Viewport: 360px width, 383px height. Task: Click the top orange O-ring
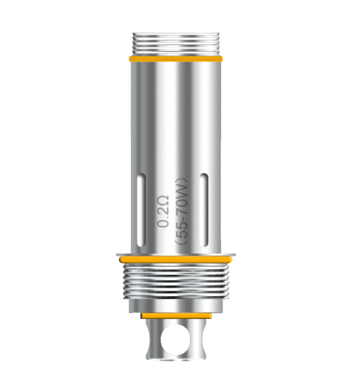pyautogui.click(x=176, y=59)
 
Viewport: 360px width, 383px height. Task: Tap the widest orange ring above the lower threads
pyautogui.click(x=176, y=259)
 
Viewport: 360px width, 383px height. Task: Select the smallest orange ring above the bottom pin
pyautogui.click(x=176, y=316)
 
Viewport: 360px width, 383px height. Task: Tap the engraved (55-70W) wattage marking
pyautogui.click(x=183, y=212)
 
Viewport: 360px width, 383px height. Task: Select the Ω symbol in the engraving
pyautogui.click(x=163, y=203)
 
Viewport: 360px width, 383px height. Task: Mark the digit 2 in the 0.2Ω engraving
pyautogui.click(x=163, y=213)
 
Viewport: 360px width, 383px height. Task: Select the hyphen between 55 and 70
pyautogui.click(x=183, y=218)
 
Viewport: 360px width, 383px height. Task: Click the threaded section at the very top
pyautogui.click(x=176, y=45)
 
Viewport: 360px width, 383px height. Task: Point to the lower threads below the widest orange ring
pyautogui.click(x=176, y=282)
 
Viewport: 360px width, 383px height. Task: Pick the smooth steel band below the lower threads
pyautogui.click(x=176, y=306)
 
